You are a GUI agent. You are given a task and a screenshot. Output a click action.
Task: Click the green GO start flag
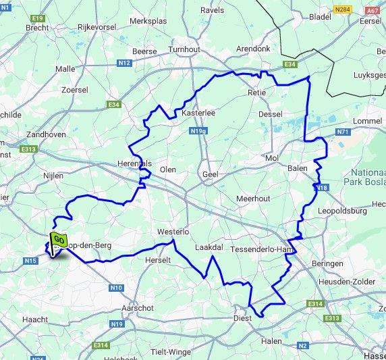pyautogui.click(x=57, y=240)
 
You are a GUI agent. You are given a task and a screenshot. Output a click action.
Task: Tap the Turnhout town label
pyautogui.click(x=184, y=51)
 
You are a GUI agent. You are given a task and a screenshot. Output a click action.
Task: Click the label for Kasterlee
pyautogui.click(x=198, y=113)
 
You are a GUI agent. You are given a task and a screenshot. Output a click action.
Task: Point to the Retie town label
pyautogui.click(x=258, y=93)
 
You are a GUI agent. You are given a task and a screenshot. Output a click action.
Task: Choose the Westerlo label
pyautogui.click(x=171, y=232)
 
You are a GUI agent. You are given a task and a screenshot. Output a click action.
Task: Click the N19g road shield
pyautogui.click(x=198, y=131)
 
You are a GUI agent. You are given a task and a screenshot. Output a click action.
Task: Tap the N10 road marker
pyautogui.click(x=116, y=288)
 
